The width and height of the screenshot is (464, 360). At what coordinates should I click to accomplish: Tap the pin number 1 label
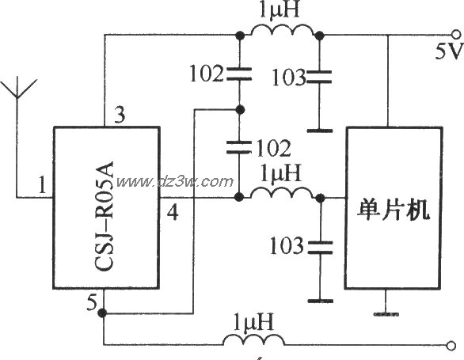(40, 187)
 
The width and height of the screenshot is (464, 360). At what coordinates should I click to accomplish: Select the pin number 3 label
(120, 116)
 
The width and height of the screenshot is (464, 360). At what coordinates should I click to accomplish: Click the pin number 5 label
(92, 301)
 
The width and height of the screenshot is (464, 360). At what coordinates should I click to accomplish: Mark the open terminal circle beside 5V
(454, 35)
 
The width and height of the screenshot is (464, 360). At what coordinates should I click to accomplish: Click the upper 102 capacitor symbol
(238, 75)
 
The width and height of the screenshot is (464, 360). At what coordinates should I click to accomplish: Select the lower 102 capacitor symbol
(238, 147)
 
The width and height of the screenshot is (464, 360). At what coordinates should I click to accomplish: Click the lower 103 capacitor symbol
(319, 248)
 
